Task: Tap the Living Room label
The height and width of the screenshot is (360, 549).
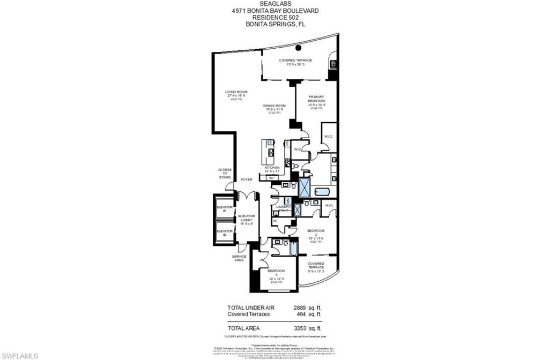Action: (x=236, y=93)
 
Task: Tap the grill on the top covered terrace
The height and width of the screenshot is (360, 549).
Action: (x=333, y=64)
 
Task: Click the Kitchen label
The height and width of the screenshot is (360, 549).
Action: (x=272, y=168)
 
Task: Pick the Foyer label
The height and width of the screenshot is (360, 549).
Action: (x=246, y=179)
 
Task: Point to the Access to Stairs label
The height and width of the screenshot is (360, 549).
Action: (x=225, y=174)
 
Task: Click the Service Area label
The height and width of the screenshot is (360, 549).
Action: (x=239, y=258)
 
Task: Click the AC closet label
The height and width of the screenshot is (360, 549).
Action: (x=274, y=220)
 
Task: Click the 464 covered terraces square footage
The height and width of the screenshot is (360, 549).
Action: (x=300, y=315)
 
